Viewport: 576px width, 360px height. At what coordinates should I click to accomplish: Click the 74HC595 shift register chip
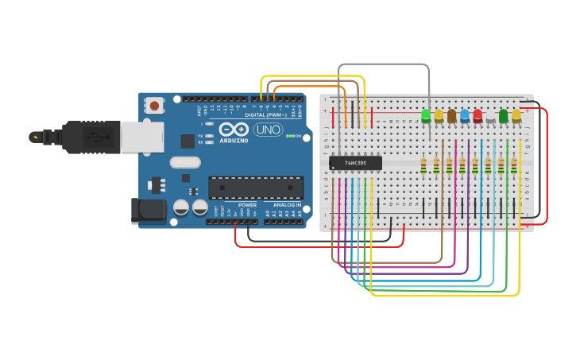355,163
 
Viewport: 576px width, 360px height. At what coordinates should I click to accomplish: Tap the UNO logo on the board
268,130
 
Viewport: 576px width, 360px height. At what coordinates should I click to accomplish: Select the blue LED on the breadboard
465,116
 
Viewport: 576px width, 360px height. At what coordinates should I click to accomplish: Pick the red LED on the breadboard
477,116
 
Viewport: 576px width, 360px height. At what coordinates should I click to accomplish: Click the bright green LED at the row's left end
426,116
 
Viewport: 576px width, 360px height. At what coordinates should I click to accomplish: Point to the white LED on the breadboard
490,118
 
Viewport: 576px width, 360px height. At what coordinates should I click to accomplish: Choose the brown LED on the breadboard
452,116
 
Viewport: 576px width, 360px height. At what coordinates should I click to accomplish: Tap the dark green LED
503,116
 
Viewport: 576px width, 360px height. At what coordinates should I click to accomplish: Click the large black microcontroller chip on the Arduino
256,188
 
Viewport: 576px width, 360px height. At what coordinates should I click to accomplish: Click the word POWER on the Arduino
247,205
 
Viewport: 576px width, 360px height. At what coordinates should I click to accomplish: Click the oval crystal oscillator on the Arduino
184,163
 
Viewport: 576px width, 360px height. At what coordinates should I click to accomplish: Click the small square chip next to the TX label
187,141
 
